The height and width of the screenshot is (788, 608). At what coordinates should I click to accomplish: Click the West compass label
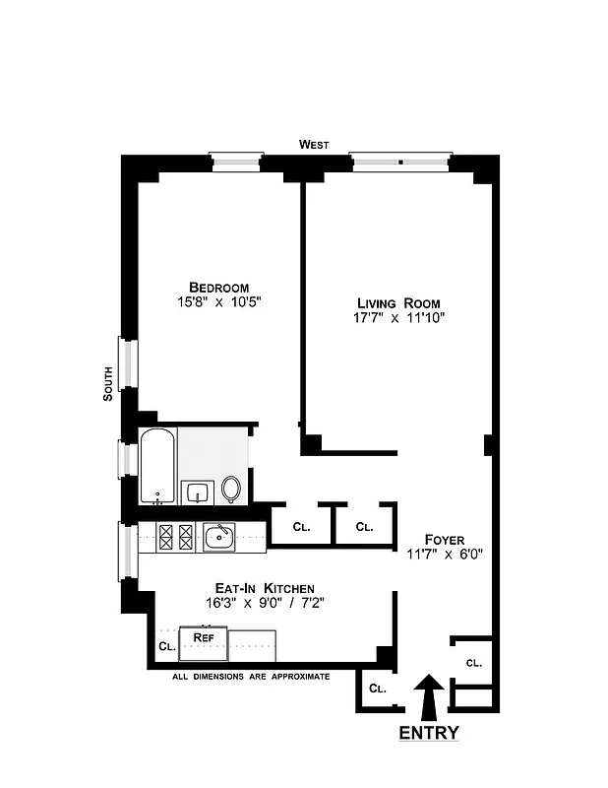tap(314, 145)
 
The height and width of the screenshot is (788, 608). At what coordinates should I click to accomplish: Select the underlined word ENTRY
tap(428, 734)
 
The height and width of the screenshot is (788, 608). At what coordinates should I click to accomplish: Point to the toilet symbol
tap(231, 488)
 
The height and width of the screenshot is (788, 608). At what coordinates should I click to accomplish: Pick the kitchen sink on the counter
tap(218, 537)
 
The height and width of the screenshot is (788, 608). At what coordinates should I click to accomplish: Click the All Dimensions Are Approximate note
tap(250, 677)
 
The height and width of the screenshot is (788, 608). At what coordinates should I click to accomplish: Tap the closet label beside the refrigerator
tap(165, 647)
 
